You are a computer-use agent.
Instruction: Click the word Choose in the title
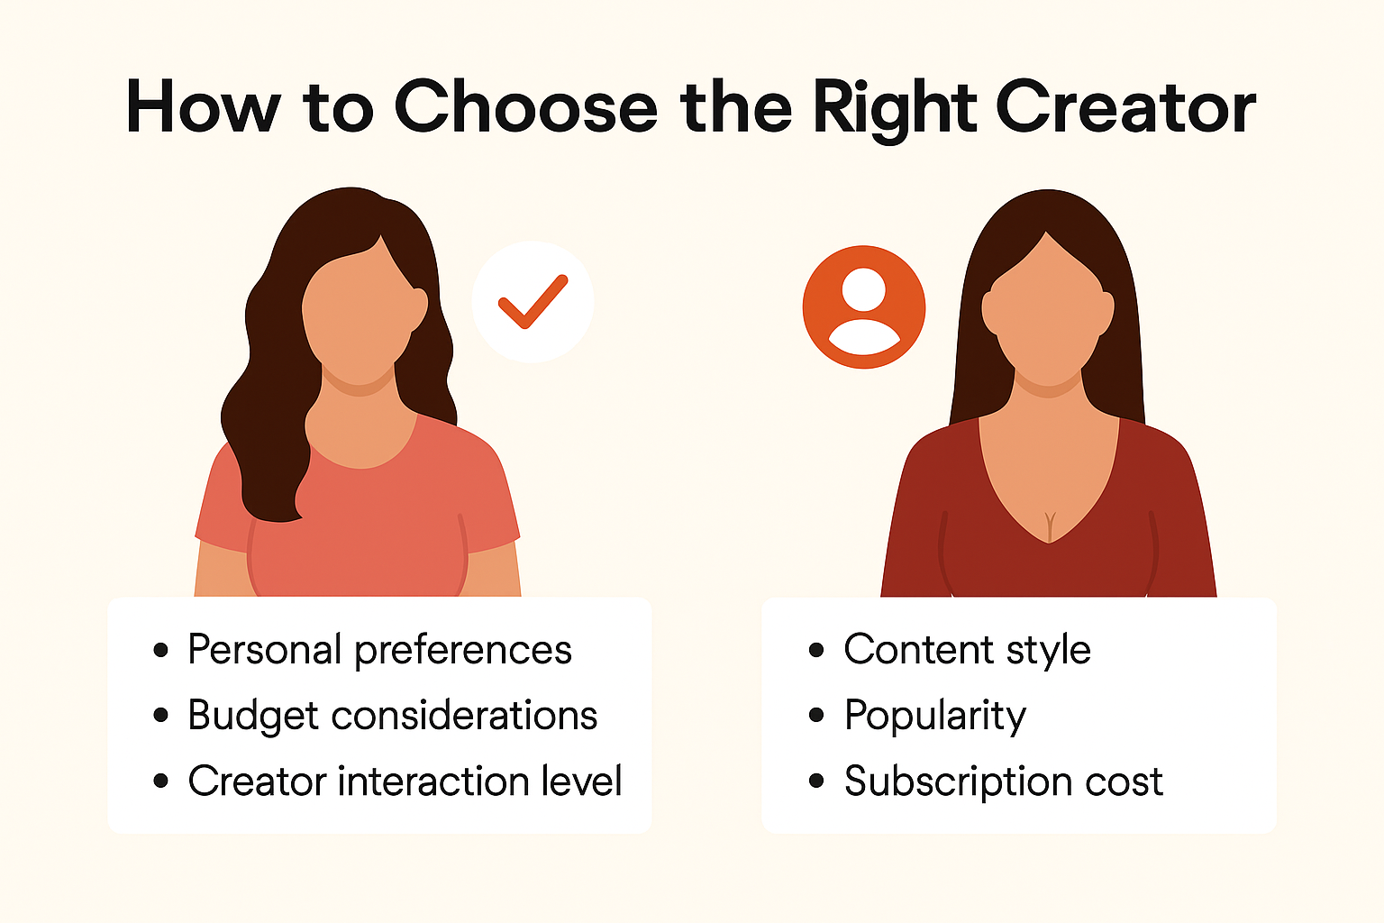tap(525, 107)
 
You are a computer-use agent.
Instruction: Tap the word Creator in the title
tap(1125, 107)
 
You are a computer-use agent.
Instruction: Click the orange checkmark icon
tap(533, 302)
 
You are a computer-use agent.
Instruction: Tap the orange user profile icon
tap(864, 307)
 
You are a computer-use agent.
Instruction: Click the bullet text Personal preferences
tap(380, 651)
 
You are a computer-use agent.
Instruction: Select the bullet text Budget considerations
tap(392, 716)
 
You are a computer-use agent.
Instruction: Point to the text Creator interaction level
tap(405, 781)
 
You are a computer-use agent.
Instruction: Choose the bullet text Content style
tap(968, 651)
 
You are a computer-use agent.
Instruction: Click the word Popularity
tap(935, 716)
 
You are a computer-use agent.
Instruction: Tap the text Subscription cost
tap(1004, 781)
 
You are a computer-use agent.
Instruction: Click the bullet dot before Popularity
tap(816, 716)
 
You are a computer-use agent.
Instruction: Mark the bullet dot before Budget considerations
tap(160, 716)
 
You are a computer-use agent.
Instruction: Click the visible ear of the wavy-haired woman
tap(418, 309)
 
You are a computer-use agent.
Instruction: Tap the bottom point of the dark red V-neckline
tap(1049, 543)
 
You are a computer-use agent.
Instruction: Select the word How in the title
tap(204, 107)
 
